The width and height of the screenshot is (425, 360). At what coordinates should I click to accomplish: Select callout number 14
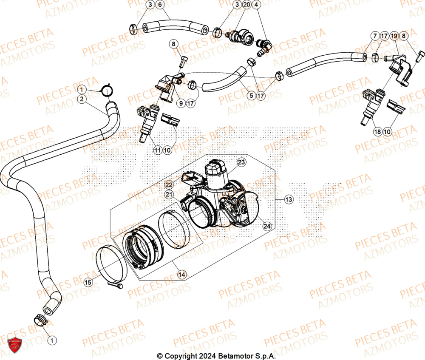(x=182, y=275)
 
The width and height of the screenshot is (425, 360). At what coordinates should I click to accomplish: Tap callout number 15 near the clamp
(x=88, y=282)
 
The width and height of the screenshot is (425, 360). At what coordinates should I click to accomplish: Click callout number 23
(x=241, y=162)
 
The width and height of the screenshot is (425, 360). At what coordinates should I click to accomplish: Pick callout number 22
(x=169, y=184)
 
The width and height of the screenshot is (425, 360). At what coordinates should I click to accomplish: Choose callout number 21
(x=169, y=194)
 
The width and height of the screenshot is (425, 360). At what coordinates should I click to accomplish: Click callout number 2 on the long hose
(x=82, y=99)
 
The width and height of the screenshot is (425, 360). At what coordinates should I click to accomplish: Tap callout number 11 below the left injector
(x=158, y=150)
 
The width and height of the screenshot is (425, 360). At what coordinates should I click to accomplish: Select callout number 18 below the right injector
(x=377, y=132)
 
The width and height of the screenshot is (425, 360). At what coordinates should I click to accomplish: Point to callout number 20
(x=247, y=5)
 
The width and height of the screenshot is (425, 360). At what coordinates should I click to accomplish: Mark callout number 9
(x=181, y=103)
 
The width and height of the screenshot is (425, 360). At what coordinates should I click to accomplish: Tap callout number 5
(x=251, y=96)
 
